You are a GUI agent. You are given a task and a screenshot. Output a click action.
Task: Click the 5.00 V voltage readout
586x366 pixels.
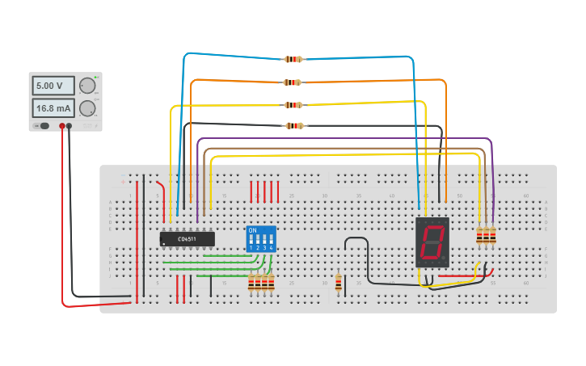point(53,86)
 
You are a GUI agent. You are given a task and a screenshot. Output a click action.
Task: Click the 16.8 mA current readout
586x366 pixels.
point(53,107)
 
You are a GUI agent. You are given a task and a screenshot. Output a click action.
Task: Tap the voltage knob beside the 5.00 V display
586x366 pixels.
point(87,86)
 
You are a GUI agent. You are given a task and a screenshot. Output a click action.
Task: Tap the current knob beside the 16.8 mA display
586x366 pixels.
point(87,108)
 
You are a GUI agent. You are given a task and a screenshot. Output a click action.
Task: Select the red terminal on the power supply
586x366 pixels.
point(62,126)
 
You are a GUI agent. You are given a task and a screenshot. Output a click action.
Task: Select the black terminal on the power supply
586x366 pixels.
point(70,126)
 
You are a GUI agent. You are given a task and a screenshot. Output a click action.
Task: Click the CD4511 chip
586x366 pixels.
point(188,239)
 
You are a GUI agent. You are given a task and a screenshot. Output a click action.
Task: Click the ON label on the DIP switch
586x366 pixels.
point(253,231)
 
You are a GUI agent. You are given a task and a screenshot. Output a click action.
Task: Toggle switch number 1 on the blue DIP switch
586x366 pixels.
point(251,240)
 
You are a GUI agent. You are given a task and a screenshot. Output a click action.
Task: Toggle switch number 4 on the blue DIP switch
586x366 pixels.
point(271,240)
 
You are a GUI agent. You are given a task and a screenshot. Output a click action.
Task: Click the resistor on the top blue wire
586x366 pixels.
point(293,59)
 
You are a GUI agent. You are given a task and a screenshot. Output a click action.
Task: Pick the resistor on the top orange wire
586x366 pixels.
point(293,82)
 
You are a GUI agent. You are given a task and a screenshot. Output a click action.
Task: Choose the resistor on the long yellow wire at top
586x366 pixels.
point(293,105)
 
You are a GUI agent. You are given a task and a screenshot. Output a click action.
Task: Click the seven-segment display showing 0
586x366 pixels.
point(432,242)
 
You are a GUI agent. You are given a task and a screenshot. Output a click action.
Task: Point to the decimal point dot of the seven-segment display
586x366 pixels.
point(445,260)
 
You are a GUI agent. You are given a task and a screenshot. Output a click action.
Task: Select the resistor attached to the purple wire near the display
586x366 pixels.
point(492,235)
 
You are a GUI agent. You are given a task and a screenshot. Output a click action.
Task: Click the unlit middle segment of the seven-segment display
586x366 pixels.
point(432,242)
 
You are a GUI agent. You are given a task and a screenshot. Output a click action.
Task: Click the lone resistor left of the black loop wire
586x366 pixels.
point(338,282)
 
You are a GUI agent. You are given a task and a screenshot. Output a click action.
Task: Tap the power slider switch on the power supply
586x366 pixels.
point(44,126)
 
